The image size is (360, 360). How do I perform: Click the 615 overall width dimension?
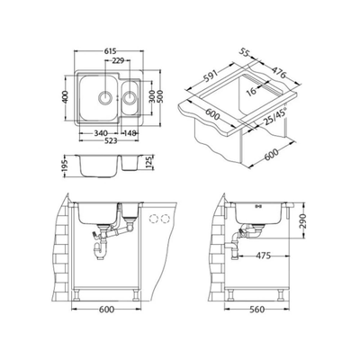pyautogui.click(x=111, y=51)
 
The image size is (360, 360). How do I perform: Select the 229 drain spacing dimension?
pyautogui.click(x=118, y=61)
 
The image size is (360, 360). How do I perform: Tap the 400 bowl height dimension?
pyautogui.click(x=66, y=96)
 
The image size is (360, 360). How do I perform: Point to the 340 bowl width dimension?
pyautogui.click(x=101, y=133)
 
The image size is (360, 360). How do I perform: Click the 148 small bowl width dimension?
pyautogui.click(x=130, y=133)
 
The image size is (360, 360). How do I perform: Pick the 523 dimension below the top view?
pyautogui.click(x=110, y=140)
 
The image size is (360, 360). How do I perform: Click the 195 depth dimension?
pyautogui.click(x=66, y=166)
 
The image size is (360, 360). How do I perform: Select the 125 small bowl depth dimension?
pyautogui.click(x=151, y=163)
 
